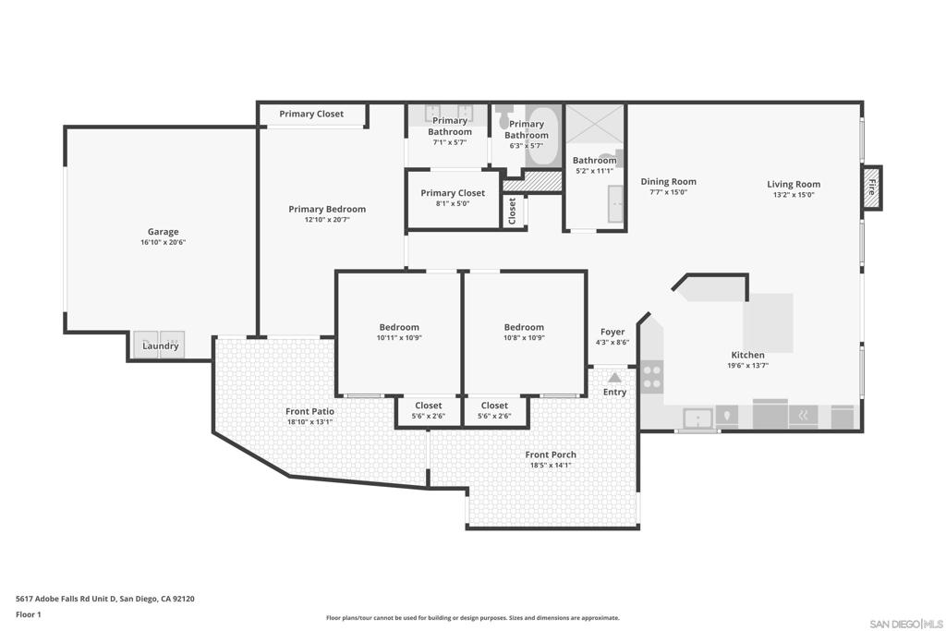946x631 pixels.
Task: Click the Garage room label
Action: pos(163,232)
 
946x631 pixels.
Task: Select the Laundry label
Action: pos(161,346)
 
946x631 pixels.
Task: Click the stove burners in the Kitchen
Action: pos(651,376)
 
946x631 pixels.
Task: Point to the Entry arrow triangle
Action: pos(614,377)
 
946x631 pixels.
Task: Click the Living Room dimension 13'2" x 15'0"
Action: pos(794,195)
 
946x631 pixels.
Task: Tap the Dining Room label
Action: pos(668,182)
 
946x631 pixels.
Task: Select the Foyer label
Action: pos(612,332)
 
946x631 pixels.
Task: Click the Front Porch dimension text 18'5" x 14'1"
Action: pos(551,466)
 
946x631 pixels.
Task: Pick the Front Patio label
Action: pos(309,411)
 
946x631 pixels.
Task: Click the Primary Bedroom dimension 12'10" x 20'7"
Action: pos(327,220)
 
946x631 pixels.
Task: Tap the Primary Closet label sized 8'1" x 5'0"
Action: pos(453,193)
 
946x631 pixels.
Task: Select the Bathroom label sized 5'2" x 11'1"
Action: pos(594,160)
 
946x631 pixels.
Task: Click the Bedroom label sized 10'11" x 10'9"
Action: pos(399,327)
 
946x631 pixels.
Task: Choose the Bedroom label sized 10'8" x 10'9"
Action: pos(524,327)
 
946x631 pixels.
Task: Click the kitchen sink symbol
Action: pos(698,419)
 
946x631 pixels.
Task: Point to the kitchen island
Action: pos(769,322)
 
